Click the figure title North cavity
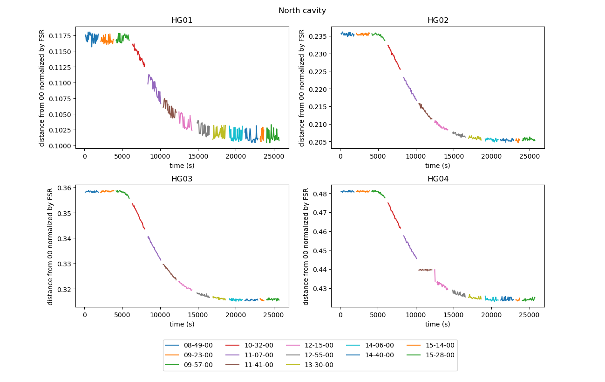pyautogui.click(x=302, y=10)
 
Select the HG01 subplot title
pyautogui.click(x=182, y=21)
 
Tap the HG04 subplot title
pyautogui.click(x=438, y=179)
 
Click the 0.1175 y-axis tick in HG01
pyautogui.click(x=61, y=35)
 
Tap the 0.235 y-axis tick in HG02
pyautogui.click(x=319, y=36)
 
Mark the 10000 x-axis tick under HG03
pyautogui.click(x=160, y=315)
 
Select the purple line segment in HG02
pyautogui.click(x=410, y=89)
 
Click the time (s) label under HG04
pyautogui.click(x=438, y=324)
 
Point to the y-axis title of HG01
pyautogui.click(x=42, y=88)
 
